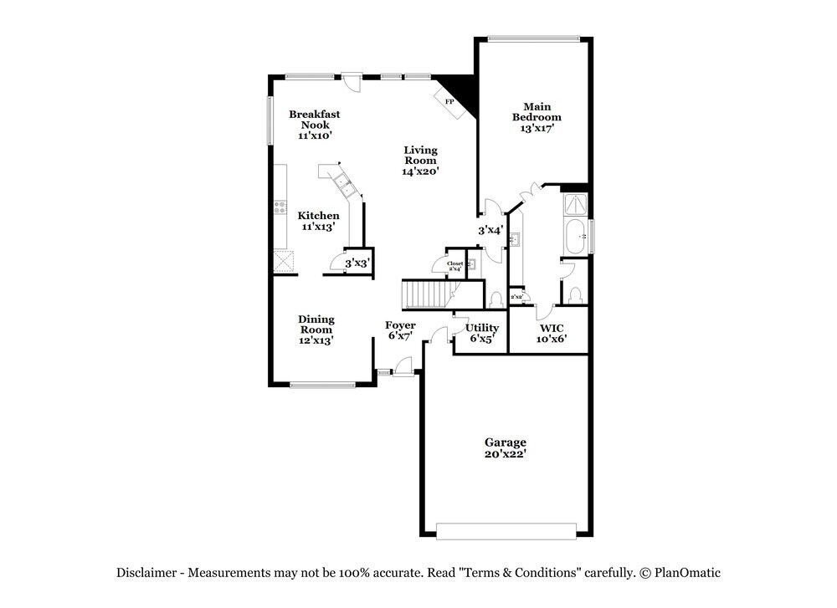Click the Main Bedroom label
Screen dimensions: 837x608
[537, 117]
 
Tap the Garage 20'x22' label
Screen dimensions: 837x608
[506, 447]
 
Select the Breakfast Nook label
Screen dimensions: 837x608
[315, 124]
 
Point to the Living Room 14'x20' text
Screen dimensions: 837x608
[420, 160]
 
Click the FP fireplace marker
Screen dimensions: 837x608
[449, 101]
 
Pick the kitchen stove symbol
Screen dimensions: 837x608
[280, 207]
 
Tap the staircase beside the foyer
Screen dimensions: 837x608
[426, 294]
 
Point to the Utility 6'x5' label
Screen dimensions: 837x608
[483, 333]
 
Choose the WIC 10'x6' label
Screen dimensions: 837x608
[551, 333]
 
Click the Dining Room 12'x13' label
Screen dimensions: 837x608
[316, 330]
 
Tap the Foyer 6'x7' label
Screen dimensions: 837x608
[400, 330]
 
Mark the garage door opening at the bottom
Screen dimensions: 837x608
[506, 530]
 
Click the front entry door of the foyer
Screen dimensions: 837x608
[403, 365]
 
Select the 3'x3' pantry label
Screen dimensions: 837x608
[357, 263]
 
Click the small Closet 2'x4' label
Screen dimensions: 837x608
[454, 266]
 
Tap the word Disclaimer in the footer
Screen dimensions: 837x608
[146, 573]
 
